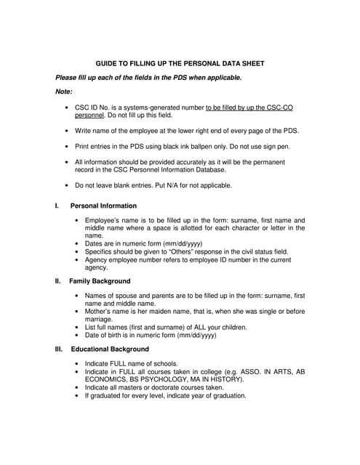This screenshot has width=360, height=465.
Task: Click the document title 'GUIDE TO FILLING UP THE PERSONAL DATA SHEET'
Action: pos(180,63)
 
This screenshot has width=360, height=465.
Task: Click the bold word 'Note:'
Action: pos(64,91)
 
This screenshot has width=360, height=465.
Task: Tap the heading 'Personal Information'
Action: pos(103,206)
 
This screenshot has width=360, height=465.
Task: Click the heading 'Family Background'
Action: pos(100,280)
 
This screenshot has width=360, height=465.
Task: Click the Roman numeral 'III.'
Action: pos(60,349)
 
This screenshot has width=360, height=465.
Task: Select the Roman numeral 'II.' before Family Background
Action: pos(59,280)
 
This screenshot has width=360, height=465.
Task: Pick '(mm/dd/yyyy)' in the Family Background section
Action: pos(192,335)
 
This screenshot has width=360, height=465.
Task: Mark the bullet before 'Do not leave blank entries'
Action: pos(68,185)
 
